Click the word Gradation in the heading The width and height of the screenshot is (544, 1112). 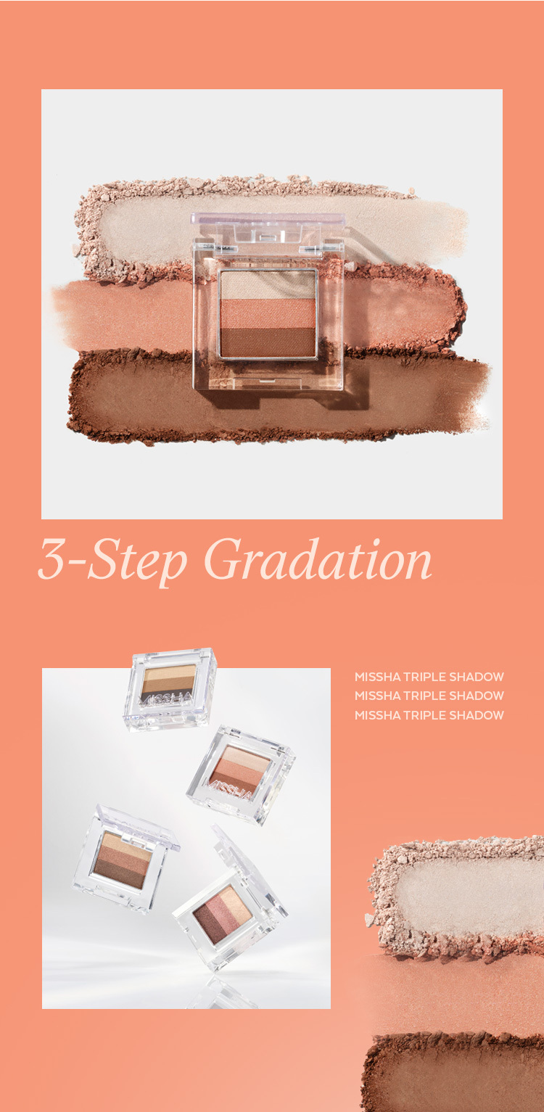[318, 559]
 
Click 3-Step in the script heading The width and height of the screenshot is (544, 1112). [112, 561]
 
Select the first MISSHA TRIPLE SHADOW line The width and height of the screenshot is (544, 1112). [429, 677]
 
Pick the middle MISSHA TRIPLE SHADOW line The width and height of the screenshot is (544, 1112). [429, 696]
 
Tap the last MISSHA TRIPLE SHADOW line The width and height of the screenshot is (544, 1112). [429, 715]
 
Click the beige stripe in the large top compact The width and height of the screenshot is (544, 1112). [268, 285]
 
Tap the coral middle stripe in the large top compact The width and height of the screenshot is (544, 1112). [268, 313]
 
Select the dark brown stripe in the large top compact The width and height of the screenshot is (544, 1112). [268, 342]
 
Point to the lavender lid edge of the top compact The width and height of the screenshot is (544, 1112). [268, 218]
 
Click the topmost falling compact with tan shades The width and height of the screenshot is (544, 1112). [169, 688]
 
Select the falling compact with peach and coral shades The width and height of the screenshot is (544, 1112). [240, 774]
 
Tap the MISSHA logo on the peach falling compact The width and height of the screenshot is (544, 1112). [231, 789]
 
